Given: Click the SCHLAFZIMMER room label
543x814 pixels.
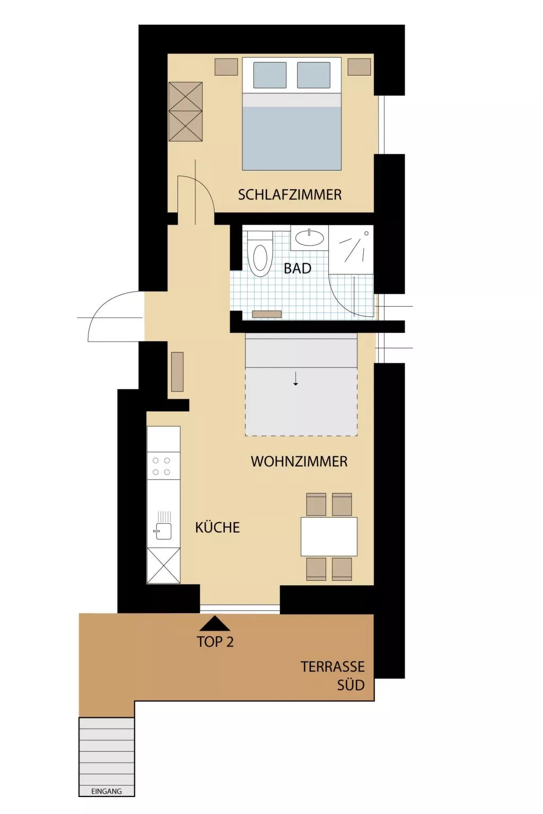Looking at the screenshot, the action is coord(290,195).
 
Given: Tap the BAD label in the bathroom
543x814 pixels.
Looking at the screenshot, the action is coord(297,269).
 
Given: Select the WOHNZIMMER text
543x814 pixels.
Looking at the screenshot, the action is coord(299,462).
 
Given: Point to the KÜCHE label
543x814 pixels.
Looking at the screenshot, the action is coord(217,527).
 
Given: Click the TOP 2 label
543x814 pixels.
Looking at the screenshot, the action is coord(215,642).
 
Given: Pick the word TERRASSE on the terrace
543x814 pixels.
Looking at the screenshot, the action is coord(332,667).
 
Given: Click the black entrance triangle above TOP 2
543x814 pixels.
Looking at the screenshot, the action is coord(215,624).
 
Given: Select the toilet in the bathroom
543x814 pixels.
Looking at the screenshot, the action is coord(259,254).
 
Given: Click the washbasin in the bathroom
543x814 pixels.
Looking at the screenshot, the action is coord(309,238).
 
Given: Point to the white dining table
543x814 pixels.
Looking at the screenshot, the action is coord(329,536).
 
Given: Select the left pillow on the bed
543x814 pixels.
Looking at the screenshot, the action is coord(269,75).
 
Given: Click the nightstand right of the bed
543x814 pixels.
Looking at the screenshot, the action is coord(359,67).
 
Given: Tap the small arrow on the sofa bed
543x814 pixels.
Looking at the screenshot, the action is coord(296,379).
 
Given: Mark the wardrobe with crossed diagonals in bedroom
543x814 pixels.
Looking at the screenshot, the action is coord(186,111).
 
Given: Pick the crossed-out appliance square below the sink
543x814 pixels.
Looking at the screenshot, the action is coord(163,565).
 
